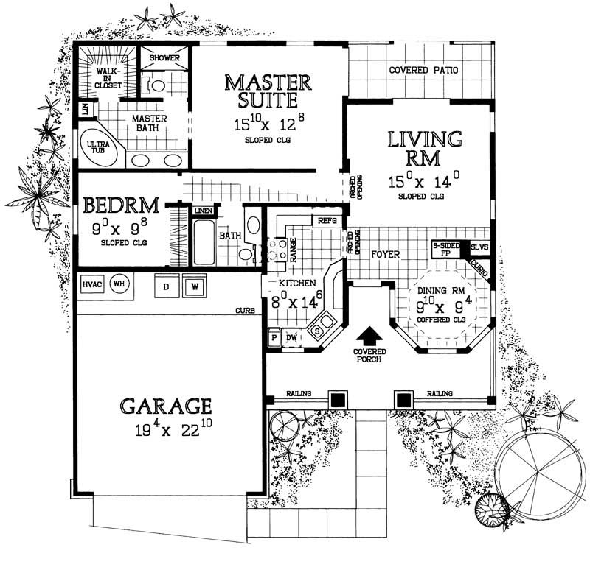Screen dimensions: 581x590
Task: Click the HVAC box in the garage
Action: click(92, 284)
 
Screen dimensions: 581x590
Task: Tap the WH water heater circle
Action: click(117, 283)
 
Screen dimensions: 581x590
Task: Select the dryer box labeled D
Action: click(166, 285)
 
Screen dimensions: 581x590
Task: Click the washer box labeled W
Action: click(194, 285)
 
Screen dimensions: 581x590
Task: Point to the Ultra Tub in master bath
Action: click(99, 147)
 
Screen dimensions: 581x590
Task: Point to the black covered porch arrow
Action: click(371, 335)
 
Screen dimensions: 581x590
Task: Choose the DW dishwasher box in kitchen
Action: click(291, 337)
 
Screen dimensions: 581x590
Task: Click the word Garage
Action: click(167, 406)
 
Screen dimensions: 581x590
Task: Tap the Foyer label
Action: click(385, 255)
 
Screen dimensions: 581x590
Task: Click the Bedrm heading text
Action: click(119, 205)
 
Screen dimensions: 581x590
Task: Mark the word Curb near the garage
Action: click(246, 311)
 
